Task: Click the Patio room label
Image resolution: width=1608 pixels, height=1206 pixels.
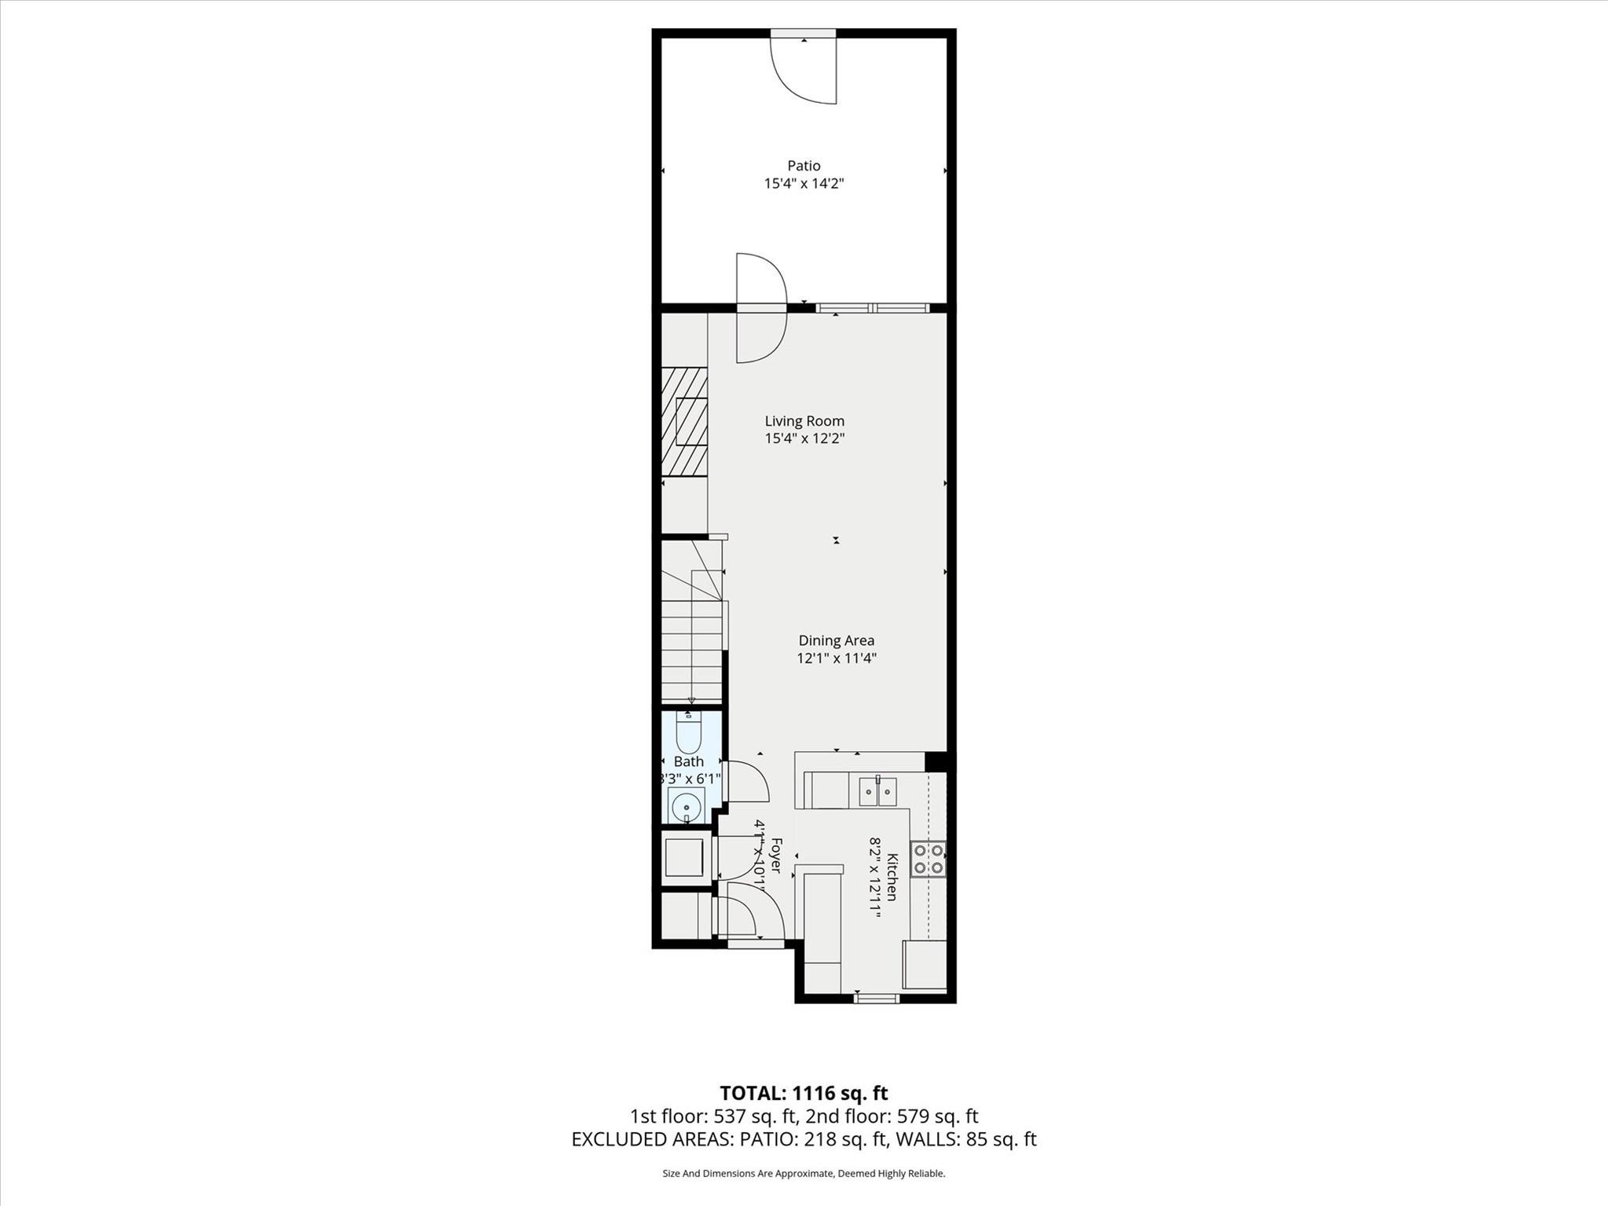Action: click(804, 166)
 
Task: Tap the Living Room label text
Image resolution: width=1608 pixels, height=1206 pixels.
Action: click(804, 421)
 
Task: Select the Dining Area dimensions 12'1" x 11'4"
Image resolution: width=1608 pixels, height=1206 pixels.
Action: click(836, 658)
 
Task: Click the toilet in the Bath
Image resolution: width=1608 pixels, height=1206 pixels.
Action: click(689, 733)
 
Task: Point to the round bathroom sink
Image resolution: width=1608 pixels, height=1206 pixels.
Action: click(687, 807)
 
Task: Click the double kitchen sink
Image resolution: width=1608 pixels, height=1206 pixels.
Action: click(877, 791)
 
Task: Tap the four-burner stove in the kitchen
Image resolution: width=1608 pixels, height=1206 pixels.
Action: click(928, 859)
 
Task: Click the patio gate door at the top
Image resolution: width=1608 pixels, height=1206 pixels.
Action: click(804, 68)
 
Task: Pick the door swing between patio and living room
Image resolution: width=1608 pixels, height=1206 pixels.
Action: click(760, 308)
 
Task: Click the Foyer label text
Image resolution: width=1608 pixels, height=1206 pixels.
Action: click(775, 855)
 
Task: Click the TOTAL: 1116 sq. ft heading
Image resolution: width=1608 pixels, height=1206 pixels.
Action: click(804, 1093)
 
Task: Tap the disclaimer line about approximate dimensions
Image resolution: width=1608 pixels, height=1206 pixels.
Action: click(804, 1174)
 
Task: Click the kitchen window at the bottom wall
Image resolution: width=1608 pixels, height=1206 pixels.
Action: click(876, 999)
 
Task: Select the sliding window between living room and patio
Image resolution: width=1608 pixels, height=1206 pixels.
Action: click(873, 308)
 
